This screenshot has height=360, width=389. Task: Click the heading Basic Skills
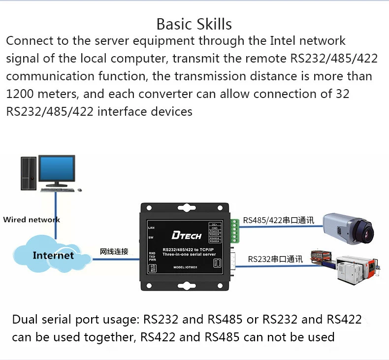tap(194, 24)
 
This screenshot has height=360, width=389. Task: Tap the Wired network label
tap(31, 220)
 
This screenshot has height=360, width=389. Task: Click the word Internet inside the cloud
tap(53, 255)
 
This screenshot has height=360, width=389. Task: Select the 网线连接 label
tap(114, 251)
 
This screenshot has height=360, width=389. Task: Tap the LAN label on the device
tap(151, 228)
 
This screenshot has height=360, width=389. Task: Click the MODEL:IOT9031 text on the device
tap(185, 267)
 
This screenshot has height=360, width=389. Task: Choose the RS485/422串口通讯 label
tap(278, 220)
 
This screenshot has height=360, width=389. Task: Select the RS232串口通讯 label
tap(275, 259)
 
